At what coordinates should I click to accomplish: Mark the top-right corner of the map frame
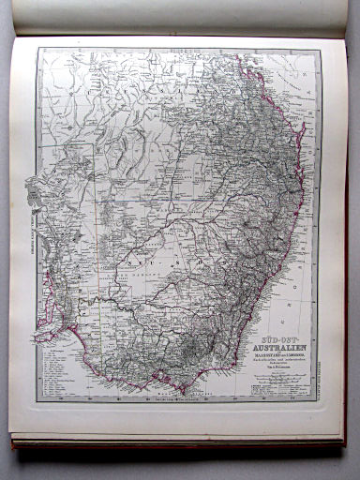320,51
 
